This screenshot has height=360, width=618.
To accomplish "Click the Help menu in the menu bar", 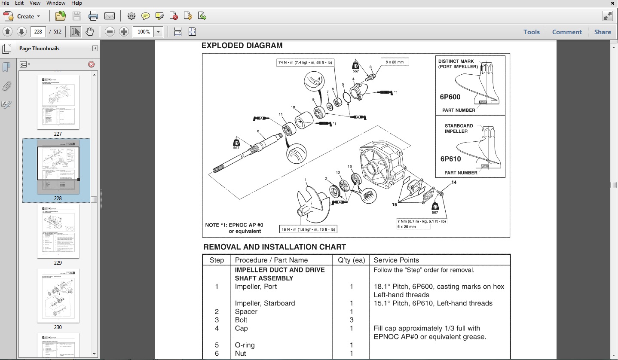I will point(76,3).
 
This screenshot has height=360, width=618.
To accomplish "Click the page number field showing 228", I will point(38,32).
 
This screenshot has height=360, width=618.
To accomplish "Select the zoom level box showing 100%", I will point(144,32).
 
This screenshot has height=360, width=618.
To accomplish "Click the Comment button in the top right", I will point(567,32).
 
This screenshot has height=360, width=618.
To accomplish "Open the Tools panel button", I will point(531,32).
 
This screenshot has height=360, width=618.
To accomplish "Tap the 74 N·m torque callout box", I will point(305,63).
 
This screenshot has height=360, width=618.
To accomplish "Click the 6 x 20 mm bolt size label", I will point(395,62).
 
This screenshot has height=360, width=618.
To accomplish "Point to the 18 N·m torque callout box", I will point(308,229).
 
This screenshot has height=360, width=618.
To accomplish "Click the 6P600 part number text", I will point(450,97).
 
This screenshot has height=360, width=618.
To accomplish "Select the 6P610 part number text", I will point(450,159).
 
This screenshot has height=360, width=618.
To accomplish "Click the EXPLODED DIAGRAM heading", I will point(242,46).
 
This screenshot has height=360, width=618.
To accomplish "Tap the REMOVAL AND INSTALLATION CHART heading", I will point(274,247).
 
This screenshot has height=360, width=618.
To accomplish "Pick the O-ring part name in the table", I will point(245,345).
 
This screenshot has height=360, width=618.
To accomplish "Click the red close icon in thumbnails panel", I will point(91,64).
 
